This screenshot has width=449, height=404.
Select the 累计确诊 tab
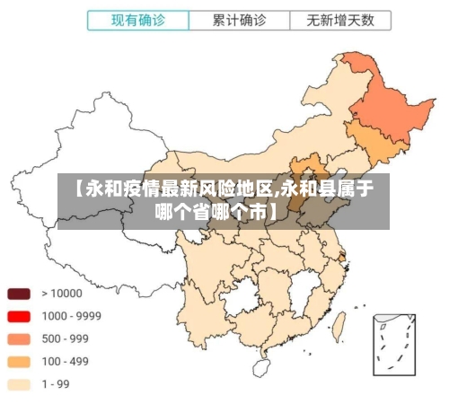[239, 20]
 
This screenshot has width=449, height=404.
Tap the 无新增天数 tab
[340, 20]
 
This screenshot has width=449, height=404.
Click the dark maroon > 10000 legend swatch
[20, 293]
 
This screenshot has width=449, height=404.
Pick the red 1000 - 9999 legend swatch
[20, 316]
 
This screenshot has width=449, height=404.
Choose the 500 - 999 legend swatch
[20, 338]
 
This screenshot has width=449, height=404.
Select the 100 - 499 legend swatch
[20, 362]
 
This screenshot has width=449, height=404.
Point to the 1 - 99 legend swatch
[20, 384]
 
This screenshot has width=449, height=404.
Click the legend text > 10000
[60, 293]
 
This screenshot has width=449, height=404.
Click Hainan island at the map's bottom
[261, 366]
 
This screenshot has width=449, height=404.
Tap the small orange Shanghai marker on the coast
[342, 258]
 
